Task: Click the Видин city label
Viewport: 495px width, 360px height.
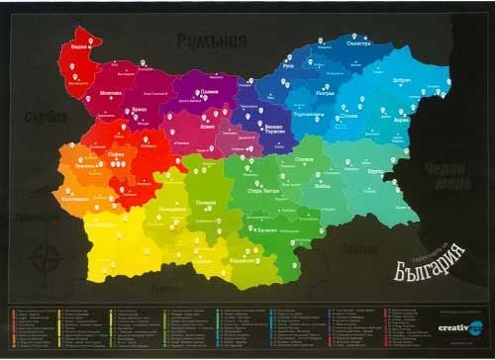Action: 79,45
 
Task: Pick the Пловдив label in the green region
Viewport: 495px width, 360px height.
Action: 206,201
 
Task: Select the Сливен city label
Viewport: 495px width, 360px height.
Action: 306,159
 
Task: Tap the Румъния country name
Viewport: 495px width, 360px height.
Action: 211,41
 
